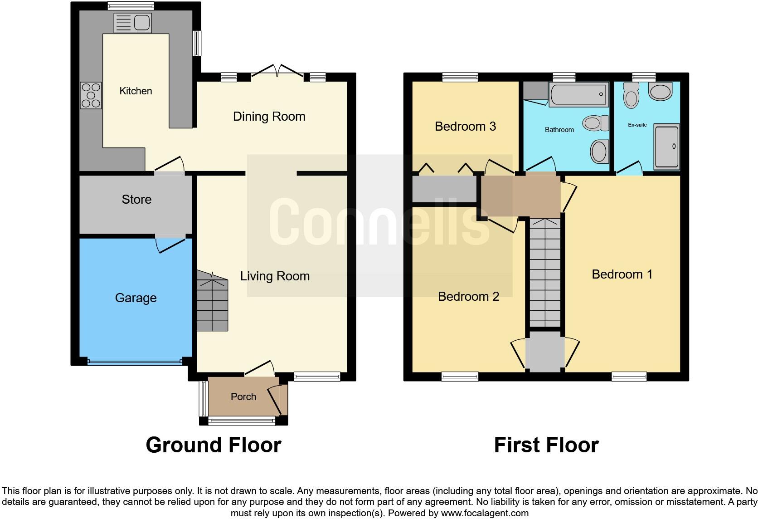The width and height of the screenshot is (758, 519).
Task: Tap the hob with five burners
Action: click(91, 95)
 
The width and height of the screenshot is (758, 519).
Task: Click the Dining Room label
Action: click(269, 117)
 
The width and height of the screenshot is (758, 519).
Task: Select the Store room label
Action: click(136, 200)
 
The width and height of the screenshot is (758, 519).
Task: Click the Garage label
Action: click(136, 298)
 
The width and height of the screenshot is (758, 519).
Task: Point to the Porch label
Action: click(243, 397)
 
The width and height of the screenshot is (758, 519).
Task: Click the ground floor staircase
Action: click(212, 302)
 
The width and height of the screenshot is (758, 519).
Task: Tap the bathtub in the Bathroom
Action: click(578, 94)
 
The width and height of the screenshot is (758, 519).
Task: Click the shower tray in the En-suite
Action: click(667, 147)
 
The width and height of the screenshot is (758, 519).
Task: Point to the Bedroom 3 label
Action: click(465, 127)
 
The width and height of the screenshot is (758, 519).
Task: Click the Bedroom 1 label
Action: click(622, 274)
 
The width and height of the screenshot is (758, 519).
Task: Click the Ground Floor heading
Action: click(214, 445)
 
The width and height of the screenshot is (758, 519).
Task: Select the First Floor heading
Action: click(546, 445)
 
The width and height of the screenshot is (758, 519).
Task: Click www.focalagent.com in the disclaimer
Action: click(485, 514)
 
